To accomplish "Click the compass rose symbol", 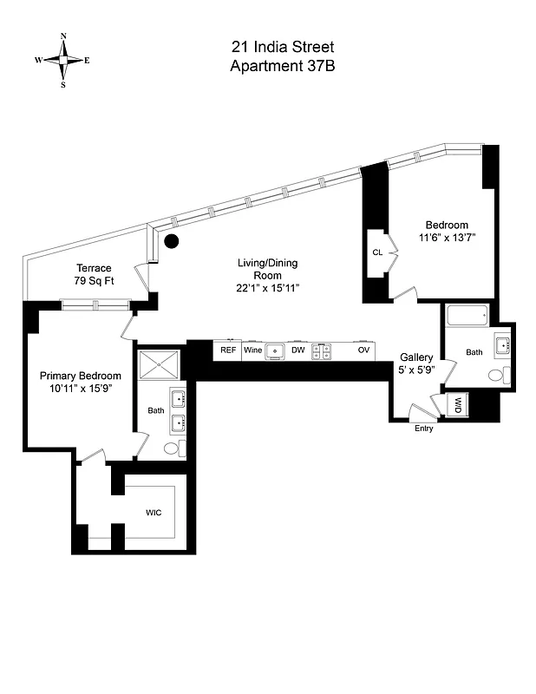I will pyautogui.click(x=63, y=60).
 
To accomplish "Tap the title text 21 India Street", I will pyautogui.click(x=282, y=47).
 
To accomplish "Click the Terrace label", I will pyautogui.click(x=94, y=268).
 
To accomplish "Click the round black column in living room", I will pyautogui.click(x=172, y=240).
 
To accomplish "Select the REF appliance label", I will pyautogui.click(x=228, y=350).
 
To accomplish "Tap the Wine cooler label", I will pyautogui.click(x=252, y=350).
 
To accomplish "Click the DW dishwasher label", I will pyautogui.click(x=298, y=350).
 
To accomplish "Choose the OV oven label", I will pyautogui.click(x=364, y=350).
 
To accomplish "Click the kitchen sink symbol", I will pyautogui.click(x=276, y=350).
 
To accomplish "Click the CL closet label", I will pyautogui.click(x=377, y=252).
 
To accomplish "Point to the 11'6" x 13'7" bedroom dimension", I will pyautogui.click(x=447, y=238).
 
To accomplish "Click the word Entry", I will pyautogui.click(x=424, y=429).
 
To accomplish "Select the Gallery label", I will pyautogui.click(x=416, y=357).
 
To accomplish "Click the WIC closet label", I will pyautogui.click(x=154, y=512).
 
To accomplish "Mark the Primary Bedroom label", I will pyautogui.click(x=81, y=376).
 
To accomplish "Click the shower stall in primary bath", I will pyautogui.click(x=160, y=363).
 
